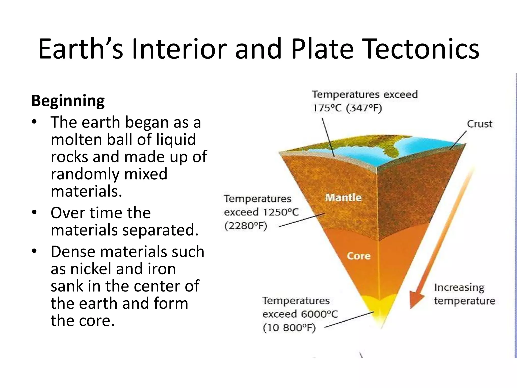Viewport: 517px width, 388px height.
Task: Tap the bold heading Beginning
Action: [68, 101]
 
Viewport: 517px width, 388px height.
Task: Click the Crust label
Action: [479, 124]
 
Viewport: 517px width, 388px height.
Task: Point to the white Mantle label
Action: [343, 198]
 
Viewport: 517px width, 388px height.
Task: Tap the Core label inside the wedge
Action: [358, 256]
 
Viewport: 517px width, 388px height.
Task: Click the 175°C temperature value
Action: [327, 108]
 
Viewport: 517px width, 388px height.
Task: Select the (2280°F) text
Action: [245, 226]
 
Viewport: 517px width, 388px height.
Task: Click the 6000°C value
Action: [319, 314]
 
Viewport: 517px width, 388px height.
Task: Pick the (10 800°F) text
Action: [289, 328]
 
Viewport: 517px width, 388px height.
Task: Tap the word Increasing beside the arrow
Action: [459, 287]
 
